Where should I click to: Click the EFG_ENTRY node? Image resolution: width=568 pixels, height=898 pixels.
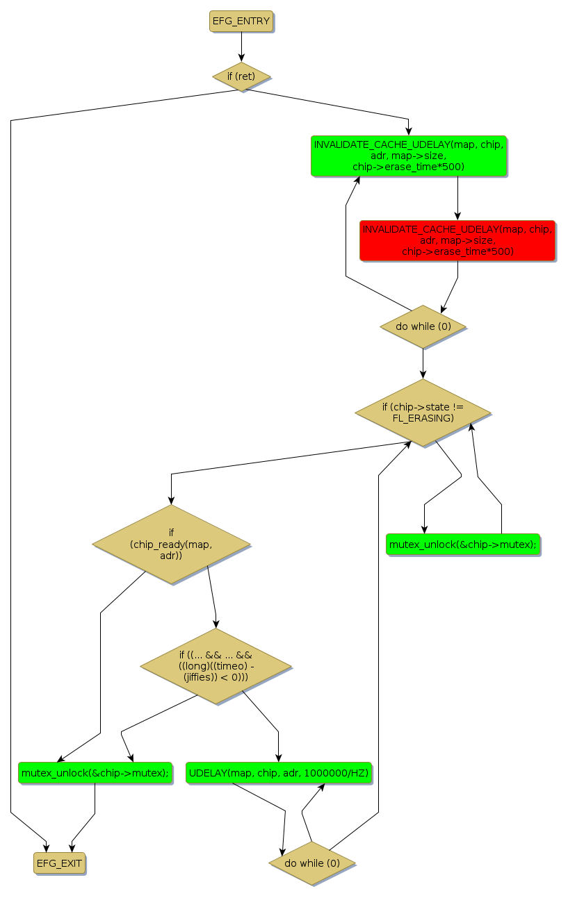pyautogui.click(x=241, y=21)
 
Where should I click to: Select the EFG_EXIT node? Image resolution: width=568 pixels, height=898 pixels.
pyautogui.click(x=59, y=863)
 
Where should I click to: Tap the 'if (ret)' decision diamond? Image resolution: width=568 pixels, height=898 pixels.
pyautogui.click(x=241, y=76)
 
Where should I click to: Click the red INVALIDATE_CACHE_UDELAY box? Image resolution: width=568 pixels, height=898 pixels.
pyautogui.click(x=457, y=240)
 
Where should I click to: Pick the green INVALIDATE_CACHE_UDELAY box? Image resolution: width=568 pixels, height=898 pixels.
pyautogui.click(x=408, y=156)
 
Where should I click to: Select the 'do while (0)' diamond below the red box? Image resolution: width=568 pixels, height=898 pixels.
pyautogui.click(x=423, y=326)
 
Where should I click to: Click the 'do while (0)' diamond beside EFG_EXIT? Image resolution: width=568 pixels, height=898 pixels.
pyautogui.click(x=312, y=863)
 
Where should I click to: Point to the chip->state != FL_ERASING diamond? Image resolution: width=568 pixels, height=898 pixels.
pyautogui.click(x=423, y=412)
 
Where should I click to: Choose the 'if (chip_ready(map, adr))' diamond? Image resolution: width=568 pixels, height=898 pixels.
pyautogui.click(x=171, y=544)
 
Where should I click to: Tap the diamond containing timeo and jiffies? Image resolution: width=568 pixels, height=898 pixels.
pyautogui.click(x=216, y=666)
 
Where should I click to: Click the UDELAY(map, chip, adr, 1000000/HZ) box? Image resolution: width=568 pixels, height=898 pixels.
pyautogui.click(x=278, y=772)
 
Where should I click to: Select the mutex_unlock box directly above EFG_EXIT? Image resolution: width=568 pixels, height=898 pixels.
pyautogui.click(x=95, y=772)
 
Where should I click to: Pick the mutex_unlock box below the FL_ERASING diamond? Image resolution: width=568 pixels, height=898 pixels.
pyautogui.click(x=463, y=544)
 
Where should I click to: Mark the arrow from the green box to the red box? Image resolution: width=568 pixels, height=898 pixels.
pyautogui.click(x=457, y=198)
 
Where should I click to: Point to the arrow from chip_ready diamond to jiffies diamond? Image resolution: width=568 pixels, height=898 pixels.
pyautogui.click(x=212, y=597)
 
